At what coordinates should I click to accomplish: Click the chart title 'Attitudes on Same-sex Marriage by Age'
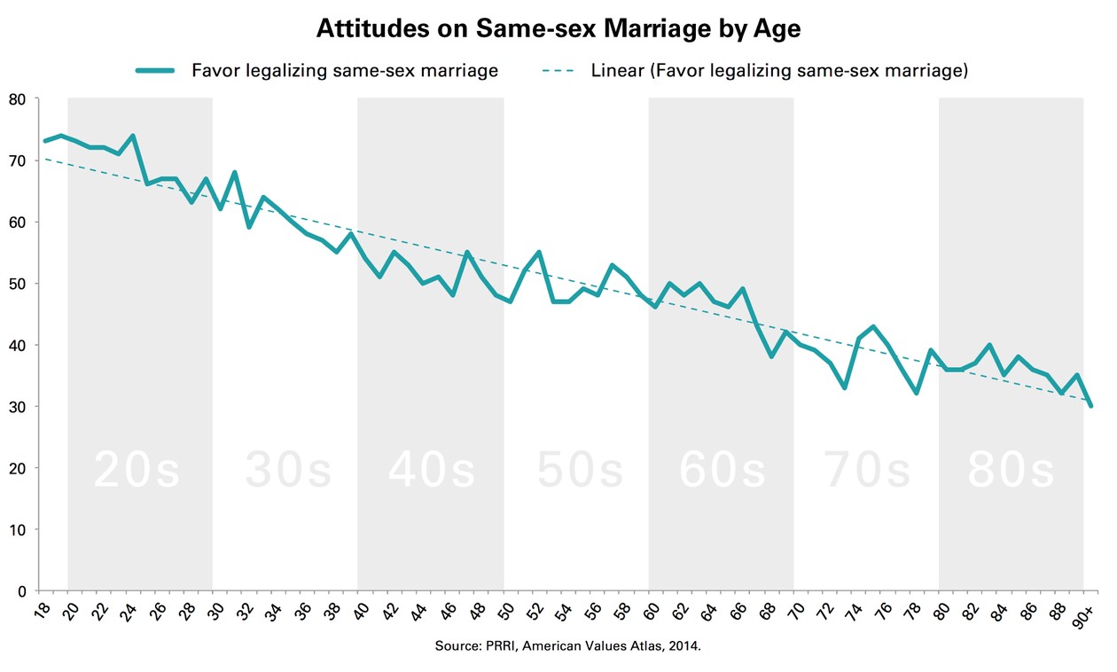tap(558, 29)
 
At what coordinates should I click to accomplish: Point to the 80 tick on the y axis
tap(19, 98)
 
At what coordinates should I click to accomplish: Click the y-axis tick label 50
tap(19, 284)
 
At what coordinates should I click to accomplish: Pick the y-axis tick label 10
tap(19, 529)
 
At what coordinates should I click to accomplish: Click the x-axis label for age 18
tap(40, 612)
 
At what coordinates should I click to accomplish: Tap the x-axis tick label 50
tap(504, 612)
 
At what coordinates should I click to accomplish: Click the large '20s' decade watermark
tap(137, 472)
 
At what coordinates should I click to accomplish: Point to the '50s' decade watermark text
tap(581, 472)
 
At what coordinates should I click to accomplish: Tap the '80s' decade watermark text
tap(1012, 472)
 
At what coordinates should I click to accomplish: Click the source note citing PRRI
tap(567, 646)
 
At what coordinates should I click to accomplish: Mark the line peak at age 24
tap(132, 136)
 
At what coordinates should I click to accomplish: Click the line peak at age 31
tap(234, 172)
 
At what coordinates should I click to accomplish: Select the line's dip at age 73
tap(844, 387)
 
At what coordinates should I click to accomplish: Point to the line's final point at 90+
tap(1091, 406)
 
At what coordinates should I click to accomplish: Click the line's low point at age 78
tap(917, 393)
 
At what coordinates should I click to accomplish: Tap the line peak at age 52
tap(539, 253)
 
